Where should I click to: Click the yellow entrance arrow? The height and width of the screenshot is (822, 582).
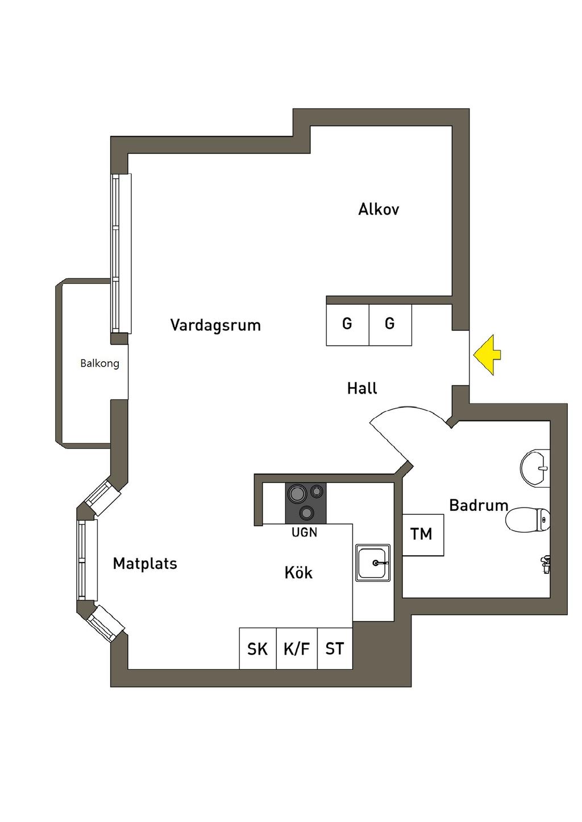pyautogui.click(x=486, y=355)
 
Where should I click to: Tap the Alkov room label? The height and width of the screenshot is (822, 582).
pyautogui.click(x=379, y=209)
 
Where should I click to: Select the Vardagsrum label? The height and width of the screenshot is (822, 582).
pyautogui.click(x=215, y=325)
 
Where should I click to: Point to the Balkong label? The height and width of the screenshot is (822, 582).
pyautogui.click(x=99, y=364)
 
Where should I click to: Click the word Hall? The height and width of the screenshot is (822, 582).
pyautogui.click(x=362, y=388)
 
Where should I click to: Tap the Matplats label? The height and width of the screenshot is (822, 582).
pyautogui.click(x=145, y=563)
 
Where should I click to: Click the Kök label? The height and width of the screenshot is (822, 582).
pyautogui.click(x=298, y=572)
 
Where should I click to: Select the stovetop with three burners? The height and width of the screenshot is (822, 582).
pyautogui.click(x=306, y=504)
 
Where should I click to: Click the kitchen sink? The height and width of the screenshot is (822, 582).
pyautogui.click(x=373, y=563)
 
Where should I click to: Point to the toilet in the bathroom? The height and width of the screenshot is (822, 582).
pyautogui.click(x=527, y=520)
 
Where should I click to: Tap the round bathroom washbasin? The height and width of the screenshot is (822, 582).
pyautogui.click(x=535, y=468)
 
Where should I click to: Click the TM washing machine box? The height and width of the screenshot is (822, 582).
pyautogui.click(x=423, y=535)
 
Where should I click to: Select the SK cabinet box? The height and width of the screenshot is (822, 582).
pyautogui.click(x=257, y=648)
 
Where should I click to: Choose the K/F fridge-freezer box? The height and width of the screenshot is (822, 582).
pyautogui.click(x=297, y=648)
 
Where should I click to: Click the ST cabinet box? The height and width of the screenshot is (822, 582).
pyautogui.click(x=335, y=648)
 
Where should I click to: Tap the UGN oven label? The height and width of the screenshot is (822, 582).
pyautogui.click(x=304, y=532)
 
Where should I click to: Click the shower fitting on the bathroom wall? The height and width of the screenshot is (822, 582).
pyautogui.click(x=545, y=565)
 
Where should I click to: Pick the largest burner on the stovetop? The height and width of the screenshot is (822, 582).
pyautogui.click(x=297, y=493)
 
